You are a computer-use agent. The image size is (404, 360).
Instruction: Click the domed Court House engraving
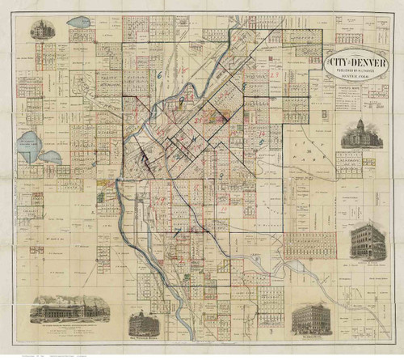359,134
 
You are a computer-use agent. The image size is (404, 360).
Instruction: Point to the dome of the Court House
359,124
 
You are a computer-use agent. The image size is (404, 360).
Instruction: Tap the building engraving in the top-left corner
38,31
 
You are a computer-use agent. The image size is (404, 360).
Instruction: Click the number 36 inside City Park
309,151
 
